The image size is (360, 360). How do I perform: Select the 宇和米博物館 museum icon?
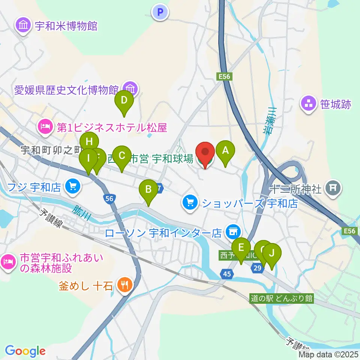[23, 26]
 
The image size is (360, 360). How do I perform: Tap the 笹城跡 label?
[336, 104]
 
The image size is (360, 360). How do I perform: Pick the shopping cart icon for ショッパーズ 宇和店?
[190, 203]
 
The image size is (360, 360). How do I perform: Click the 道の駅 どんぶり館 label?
[282, 298]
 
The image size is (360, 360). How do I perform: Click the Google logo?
[25, 351]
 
